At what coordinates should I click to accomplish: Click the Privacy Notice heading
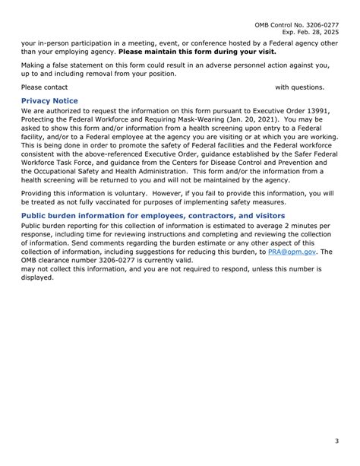click(49, 100)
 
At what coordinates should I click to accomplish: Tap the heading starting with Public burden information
click(153, 216)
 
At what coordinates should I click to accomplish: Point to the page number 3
click(336, 441)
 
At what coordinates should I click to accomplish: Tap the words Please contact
click(44, 87)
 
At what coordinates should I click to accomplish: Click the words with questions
click(299, 87)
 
